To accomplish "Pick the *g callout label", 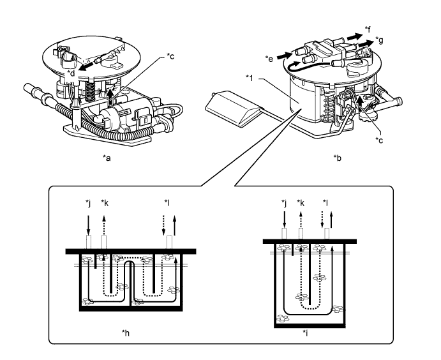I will [x=380, y=40].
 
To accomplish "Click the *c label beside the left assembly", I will [x=170, y=57].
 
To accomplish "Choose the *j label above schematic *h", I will [x=89, y=204].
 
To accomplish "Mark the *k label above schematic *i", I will [x=300, y=204].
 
